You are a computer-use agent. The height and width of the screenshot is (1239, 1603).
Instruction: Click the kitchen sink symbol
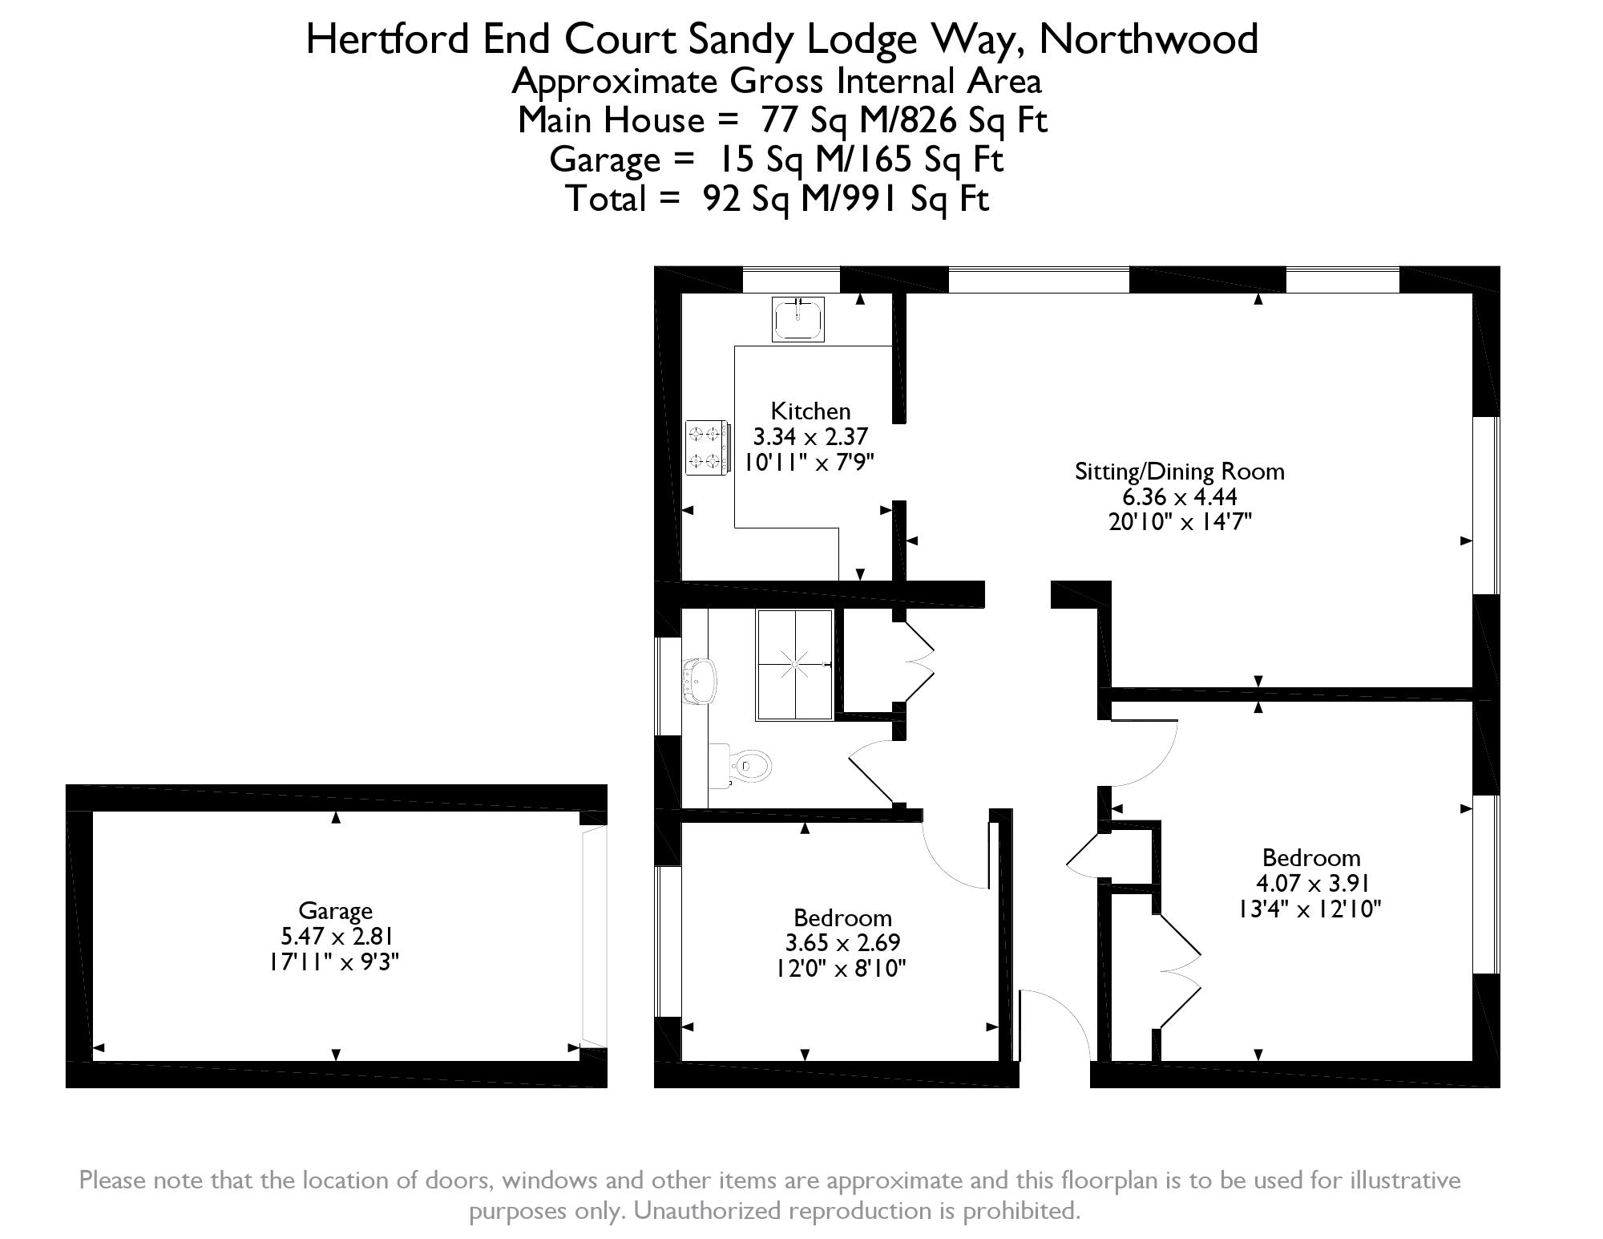coord(798,319)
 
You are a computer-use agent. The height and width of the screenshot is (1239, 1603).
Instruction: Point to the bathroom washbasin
coord(698,681)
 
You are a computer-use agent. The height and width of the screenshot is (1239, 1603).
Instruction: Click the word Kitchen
coord(810,411)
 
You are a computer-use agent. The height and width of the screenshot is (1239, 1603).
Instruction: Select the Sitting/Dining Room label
coord(1179,472)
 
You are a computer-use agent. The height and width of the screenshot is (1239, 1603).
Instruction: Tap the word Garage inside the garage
coord(335,911)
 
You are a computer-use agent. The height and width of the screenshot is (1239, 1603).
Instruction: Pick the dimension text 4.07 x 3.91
coord(1312,883)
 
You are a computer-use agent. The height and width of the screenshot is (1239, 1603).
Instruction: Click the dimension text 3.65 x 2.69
coord(843,942)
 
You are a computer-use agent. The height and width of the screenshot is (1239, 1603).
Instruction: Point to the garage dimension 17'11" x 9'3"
coord(334,962)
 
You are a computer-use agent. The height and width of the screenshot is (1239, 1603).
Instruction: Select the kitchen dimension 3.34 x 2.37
coord(810,437)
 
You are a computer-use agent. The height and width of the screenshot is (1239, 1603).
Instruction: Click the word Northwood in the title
coord(1149,38)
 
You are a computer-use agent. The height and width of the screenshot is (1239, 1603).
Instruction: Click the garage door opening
coord(594,936)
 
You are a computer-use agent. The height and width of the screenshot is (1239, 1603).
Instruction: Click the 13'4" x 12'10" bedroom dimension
coord(1311,909)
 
